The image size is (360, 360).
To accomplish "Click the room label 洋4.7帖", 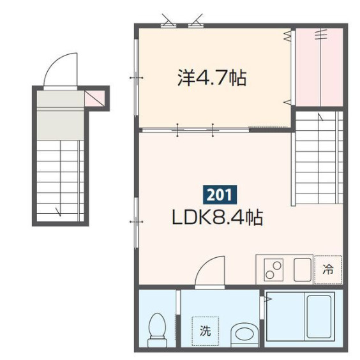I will (212, 79).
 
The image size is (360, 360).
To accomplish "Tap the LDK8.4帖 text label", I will (218, 218).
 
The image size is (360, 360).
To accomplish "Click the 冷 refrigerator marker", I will (328, 269).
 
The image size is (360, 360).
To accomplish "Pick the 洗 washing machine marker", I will (205, 330).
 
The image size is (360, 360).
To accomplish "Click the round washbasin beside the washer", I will (243, 332).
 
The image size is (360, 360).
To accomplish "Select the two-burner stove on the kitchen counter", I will (274, 269).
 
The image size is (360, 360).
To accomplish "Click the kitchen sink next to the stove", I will (303, 269).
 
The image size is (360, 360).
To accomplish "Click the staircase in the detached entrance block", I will (60, 172).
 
